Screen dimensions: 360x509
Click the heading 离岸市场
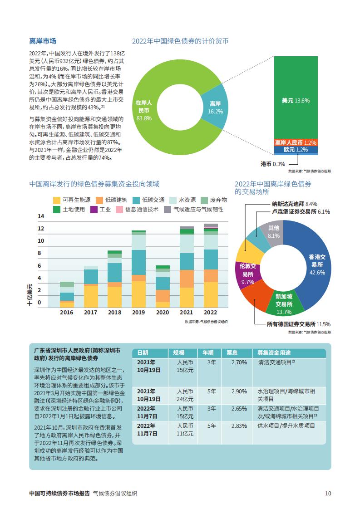(43, 41)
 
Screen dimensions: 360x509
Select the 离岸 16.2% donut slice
(215, 108)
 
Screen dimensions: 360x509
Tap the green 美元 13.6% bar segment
(296, 98)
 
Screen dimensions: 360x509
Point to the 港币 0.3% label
(273, 164)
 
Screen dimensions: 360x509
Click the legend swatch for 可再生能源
(57, 201)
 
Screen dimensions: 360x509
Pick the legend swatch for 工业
(94, 210)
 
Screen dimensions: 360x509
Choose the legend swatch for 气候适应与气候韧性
(168, 210)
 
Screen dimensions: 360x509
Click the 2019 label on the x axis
(138, 313)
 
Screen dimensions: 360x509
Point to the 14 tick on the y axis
(41, 216)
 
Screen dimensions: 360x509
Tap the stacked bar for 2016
(67, 294)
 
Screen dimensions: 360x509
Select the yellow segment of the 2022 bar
(211, 295)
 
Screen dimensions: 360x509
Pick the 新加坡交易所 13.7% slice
(283, 303)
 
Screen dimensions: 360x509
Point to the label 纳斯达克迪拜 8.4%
(294, 204)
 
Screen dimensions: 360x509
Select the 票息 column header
(232, 353)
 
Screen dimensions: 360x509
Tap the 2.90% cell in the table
(239, 392)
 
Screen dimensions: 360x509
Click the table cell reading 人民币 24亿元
(185, 396)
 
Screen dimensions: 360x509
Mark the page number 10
(328, 494)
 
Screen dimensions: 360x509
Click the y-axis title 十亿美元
(30, 294)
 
